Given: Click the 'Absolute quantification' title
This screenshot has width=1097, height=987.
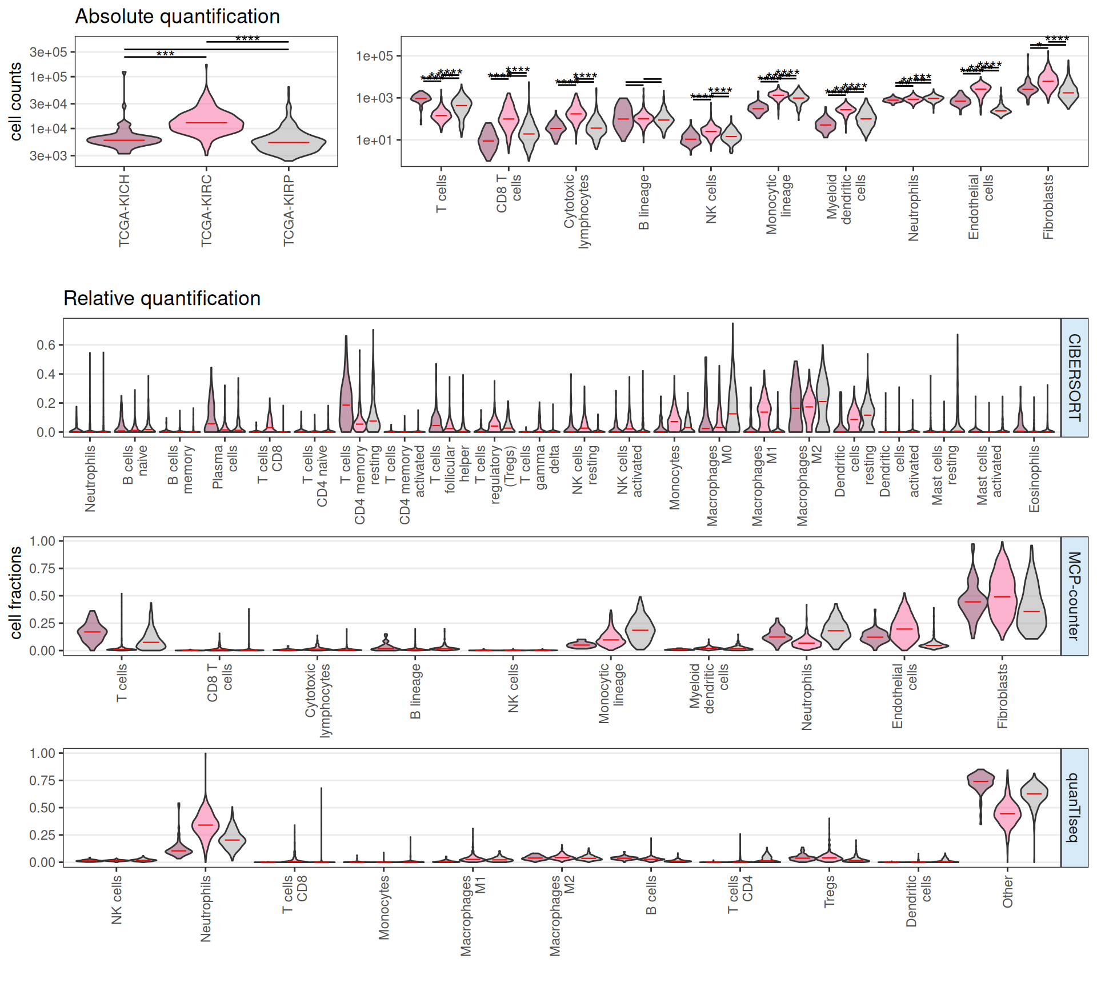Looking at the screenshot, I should pyautogui.click(x=177, y=17).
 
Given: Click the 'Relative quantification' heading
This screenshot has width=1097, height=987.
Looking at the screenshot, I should pyautogui.click(x=162, y=298).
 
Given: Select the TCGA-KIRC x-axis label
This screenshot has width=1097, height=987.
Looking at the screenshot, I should pyautogui.click(x=206, y=211).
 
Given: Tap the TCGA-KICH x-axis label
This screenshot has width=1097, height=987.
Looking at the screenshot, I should pyautogui.click(x=124, y=211).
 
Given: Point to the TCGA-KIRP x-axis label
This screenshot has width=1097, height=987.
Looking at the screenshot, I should pyautogui.click(x=289, y=211).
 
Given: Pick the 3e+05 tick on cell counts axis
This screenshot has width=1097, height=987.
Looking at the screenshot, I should pyautogui.click(x=49, y=52).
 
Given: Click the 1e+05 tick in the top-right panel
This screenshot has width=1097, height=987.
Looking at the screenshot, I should pyautogui.click(x=374, y=56).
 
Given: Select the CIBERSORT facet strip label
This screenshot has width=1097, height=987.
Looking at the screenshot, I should pyautogui.click(x=1074, y=378).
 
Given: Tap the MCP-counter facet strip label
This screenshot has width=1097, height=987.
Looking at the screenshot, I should pyautogui.click(x=1074, y=596).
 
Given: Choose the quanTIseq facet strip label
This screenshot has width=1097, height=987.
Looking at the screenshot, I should pyautogui.click(x=1074, y=807).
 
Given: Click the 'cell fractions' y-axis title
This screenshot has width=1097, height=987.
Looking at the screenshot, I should pyautogui.click(x=15, y=592).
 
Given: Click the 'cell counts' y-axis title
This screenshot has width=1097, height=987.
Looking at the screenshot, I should pyautogui.click(x=15, y=101).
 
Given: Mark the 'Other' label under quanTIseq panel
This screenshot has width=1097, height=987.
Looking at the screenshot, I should pyautogui.click(x=1007, y=892).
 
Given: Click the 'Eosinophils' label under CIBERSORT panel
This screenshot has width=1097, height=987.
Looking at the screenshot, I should pyautogui.click(x=1034, y=479).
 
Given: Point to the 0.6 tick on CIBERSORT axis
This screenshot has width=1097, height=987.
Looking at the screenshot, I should pyautogui.click(x=46, y=345).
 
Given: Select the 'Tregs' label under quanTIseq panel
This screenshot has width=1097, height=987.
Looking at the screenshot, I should pyautogui.click(x=829, y=891).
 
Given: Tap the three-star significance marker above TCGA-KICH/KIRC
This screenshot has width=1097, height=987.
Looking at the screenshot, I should pyautogui.click(x=165, y=54).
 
